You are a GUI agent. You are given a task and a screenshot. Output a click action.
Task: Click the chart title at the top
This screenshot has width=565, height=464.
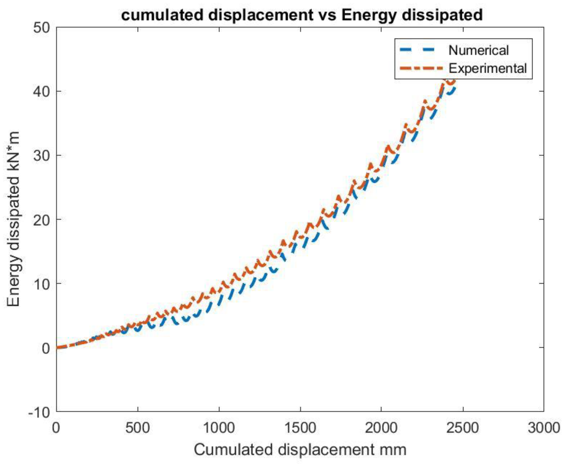click(x=302, y=15)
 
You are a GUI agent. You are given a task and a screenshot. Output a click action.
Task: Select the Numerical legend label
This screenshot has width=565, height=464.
click(x=478, y=50)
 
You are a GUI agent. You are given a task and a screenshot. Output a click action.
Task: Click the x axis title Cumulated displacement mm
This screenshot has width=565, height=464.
click(x=300, y=450)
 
